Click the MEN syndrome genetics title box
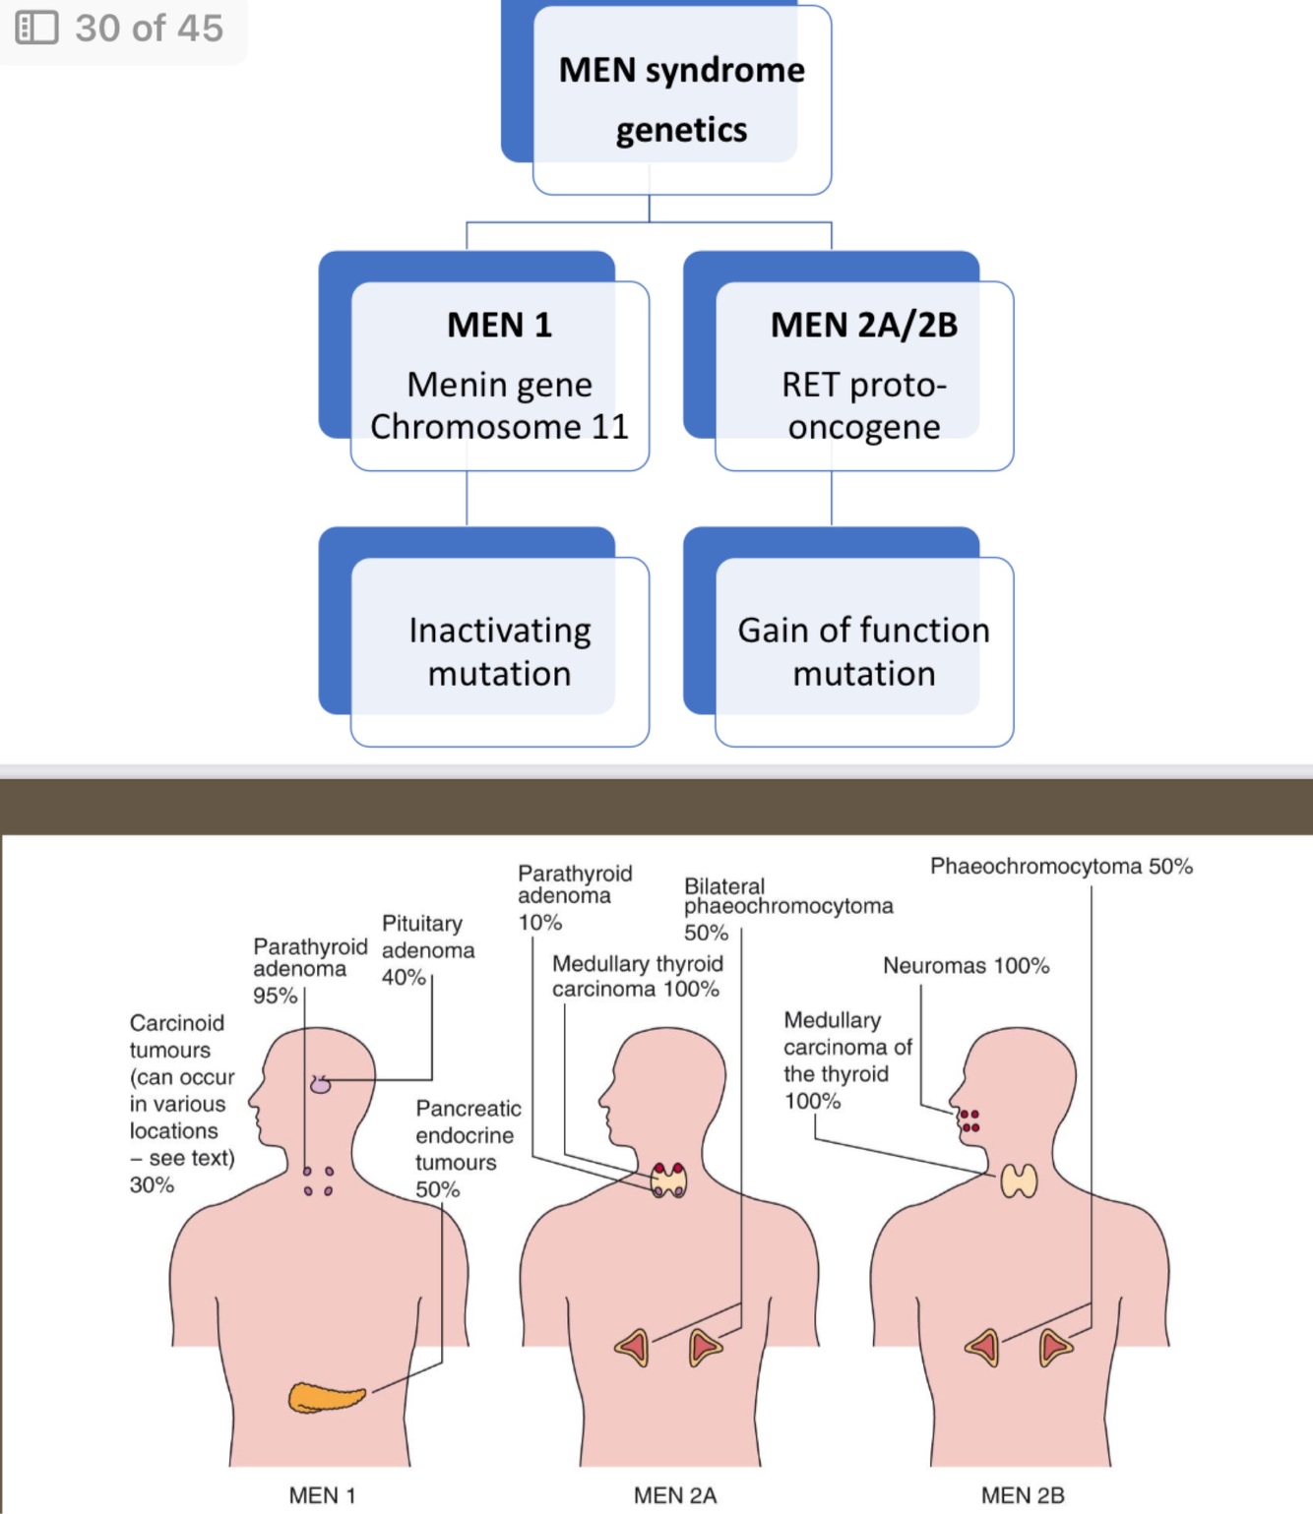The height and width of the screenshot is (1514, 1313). click(x=681, y=99)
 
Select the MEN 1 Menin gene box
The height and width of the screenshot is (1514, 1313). click(x=499, y=375)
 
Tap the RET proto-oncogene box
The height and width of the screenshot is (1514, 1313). click(x=863, y=375)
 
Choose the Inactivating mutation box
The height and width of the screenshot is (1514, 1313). click(x=499, y=650)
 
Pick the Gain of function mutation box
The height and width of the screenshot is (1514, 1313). click(x=863, y=650)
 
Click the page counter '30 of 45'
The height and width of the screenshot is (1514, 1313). click(x=149, y=29)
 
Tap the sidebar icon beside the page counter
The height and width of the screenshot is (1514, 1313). click(x=37, y=28)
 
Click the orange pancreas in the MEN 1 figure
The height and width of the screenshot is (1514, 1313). click(x=326, y=1397)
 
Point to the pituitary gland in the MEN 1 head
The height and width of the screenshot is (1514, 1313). click(x=321, y=1085)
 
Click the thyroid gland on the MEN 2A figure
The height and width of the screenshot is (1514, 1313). click(x=669, y=1180)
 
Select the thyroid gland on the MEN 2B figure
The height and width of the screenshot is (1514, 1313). click(x=1019, y=1181)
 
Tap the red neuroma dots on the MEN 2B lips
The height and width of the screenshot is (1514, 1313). click(x=970, y=1120)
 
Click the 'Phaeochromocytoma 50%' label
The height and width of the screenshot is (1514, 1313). click(x=1061, y=867)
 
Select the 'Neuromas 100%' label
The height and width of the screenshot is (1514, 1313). click(x=966, y=966)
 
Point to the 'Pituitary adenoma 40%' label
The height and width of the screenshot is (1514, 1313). click(x=427, y=950)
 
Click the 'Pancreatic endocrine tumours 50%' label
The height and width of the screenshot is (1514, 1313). click(x=467, y=1148)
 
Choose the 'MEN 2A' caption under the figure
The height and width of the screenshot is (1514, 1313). click(x=674, y=1495)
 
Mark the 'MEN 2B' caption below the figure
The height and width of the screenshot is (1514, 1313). click(x=1023, y=1495)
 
